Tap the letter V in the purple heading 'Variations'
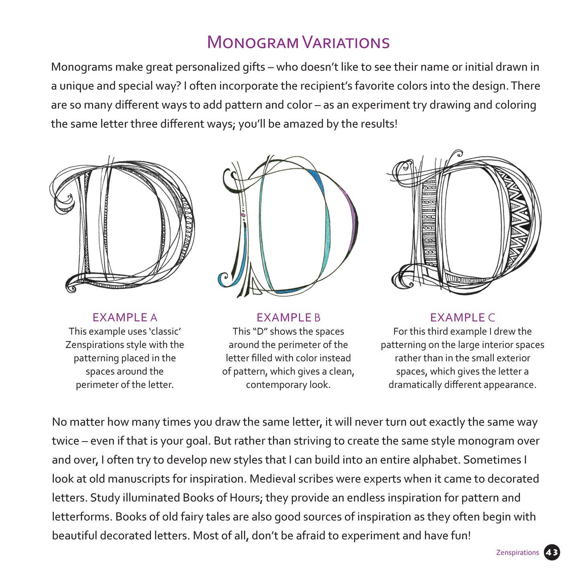tap(309, 42)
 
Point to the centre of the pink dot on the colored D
tap(243, 215)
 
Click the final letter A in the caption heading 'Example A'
tap(154, 317)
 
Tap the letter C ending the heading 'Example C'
tap(491, 317)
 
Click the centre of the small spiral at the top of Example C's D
tap(458, 155)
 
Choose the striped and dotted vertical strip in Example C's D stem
tap(429, 223)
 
